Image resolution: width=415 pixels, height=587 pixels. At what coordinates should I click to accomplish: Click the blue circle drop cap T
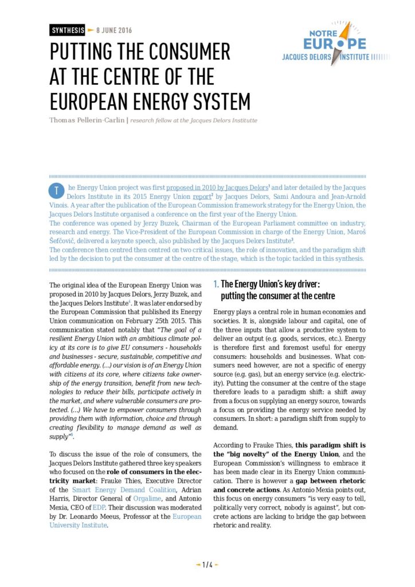pyautogui.click(x=57, y=190)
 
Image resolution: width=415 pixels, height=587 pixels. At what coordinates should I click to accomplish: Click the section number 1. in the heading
pyautogui.click(x=216, y=284)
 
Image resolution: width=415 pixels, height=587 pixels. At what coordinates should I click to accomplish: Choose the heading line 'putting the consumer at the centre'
pyautogui.click(x=278, y=296)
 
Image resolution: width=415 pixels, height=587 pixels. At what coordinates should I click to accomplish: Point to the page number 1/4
pyautogui.click(x=207, y=565)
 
